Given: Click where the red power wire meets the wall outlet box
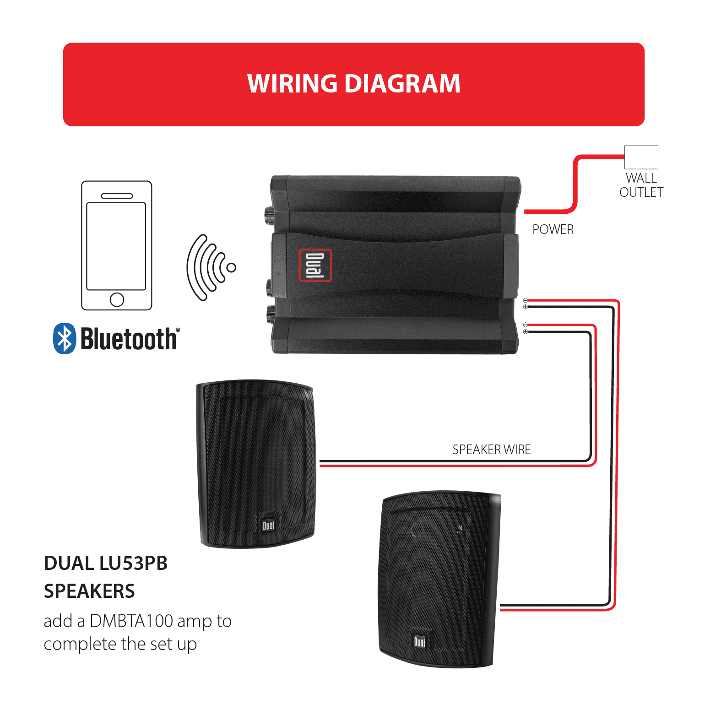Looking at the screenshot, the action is tap(624, 157).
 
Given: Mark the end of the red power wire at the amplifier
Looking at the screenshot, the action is tap(525, 211).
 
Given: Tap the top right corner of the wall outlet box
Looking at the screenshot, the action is tap(658, 146).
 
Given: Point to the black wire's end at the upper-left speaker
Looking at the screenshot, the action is tap(320, 461).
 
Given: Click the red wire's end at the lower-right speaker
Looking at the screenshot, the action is tap(500, 610).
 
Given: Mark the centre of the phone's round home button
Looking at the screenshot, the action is tap(117, 299).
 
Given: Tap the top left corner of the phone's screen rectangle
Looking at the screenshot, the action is tap(87, 203).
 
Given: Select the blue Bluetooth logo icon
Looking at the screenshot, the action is tap(65, 338).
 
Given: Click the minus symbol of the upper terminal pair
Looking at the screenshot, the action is tap(526, 300).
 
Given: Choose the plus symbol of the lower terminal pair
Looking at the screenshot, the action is tap(526, 331).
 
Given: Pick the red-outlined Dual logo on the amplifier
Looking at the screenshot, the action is tap(315, 265).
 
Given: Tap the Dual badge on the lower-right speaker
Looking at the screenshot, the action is tap(419, 641).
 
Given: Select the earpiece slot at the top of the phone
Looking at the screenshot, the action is tap(117, 196).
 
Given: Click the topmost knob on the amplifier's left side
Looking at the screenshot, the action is tap(267, 212).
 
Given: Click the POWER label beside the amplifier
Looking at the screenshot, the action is tap(553, 229).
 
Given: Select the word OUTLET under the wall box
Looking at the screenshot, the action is tap(641, 192).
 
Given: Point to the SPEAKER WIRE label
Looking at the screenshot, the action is tap(492, 450).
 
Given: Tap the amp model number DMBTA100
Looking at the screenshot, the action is tap(131, 621).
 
